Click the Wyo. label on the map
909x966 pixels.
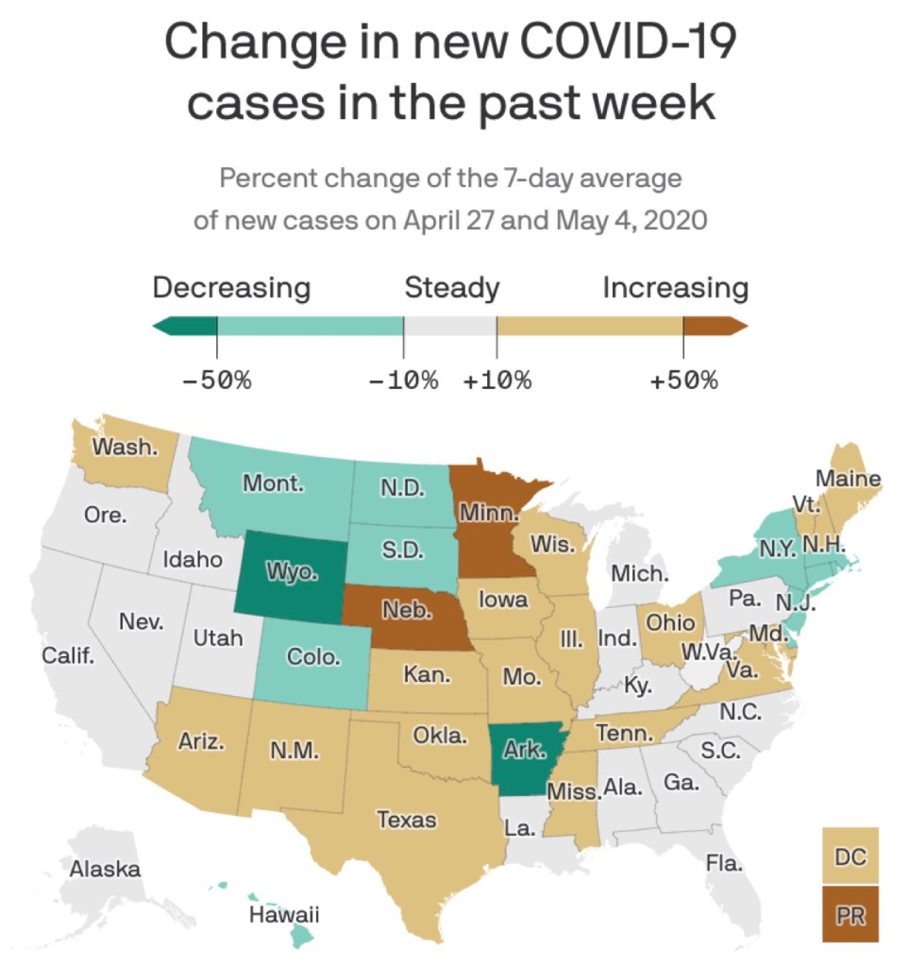tap(292, 572)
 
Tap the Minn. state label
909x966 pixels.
tap(489, 515)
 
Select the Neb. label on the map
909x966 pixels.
tap(407, 611)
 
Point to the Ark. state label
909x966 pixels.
tap(524, 751)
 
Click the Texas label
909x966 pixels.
tap(407, 819)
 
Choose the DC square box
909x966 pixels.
tap(850, 856)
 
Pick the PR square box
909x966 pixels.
tap(850, 914)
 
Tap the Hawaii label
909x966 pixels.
tap(284, 914)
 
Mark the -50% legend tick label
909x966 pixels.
tap(217, 381)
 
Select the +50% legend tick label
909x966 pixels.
tap(683, 381)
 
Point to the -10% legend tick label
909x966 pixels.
tap(404, 381)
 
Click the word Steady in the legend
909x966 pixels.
tap(452, 287)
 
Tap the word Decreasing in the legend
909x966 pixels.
tap(231, 287)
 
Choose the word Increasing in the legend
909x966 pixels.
tap(675, 287)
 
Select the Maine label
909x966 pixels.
tap(848, 479)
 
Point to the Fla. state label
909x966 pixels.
tap(724, 861)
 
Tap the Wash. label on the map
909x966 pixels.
tap(125, 447)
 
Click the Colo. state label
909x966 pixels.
tap(313, 656)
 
